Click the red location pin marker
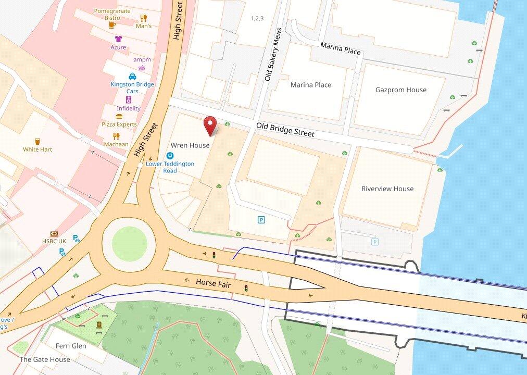(x=210, y=126)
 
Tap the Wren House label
(x=190, y=145)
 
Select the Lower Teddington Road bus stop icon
(x=170, y=156)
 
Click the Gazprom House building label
(x=400, y=90)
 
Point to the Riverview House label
(x=387, y=189)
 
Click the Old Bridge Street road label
(x=285, y=130)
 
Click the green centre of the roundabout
(x=129, y=243)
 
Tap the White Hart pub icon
(x=37, y=141)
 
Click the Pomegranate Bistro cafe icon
(x=112, y=25)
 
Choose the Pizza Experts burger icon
(x=119, y=117)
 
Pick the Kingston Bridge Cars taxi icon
(x=132, y=76)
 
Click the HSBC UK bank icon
(x=54, y=234)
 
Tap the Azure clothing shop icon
(x=118, y=39)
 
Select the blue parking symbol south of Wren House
(x=261, y=220)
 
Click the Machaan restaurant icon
(x=116, y=136)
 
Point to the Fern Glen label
(x=71, y=346)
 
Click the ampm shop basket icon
(x=142, y=68)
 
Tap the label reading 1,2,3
(x=257, y=18)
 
